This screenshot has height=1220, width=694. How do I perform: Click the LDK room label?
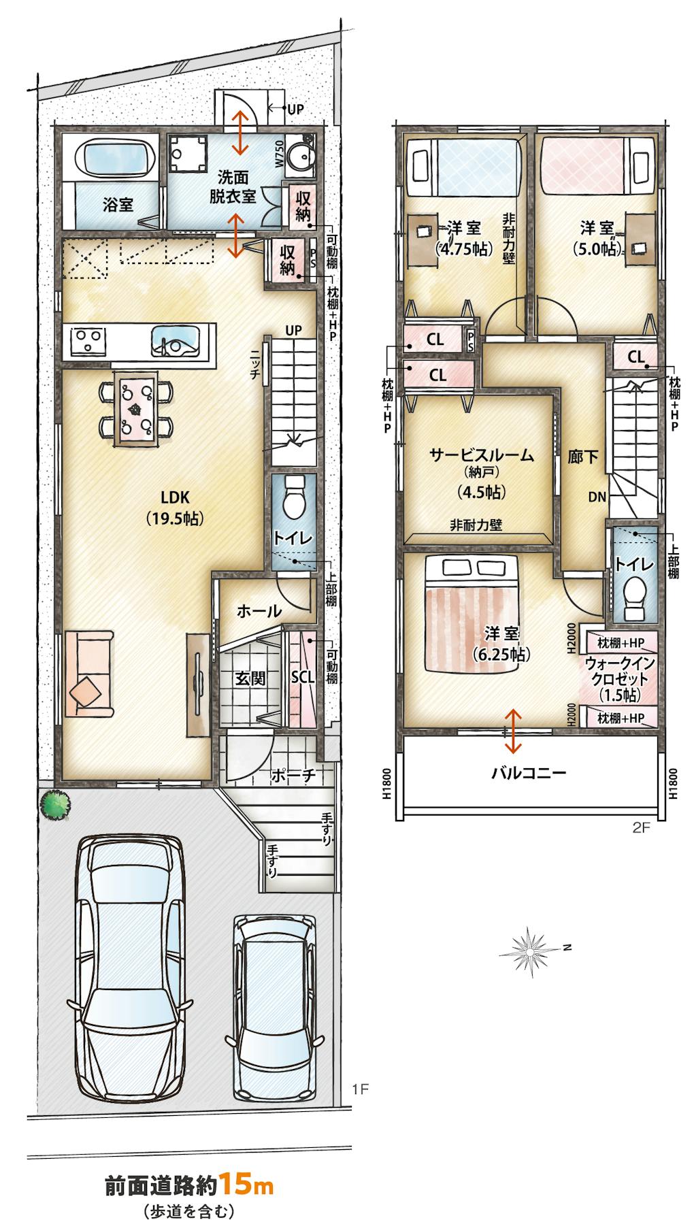point(175,497)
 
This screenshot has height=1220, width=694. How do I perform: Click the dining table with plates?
point(135,408)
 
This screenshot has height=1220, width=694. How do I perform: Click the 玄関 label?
point(250,678)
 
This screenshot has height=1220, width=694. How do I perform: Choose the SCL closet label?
point(302,677)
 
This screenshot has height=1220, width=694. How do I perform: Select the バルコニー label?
point(529,772)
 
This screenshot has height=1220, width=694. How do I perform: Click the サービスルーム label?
point(481,456)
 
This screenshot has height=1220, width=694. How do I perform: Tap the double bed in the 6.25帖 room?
point(474,612)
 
